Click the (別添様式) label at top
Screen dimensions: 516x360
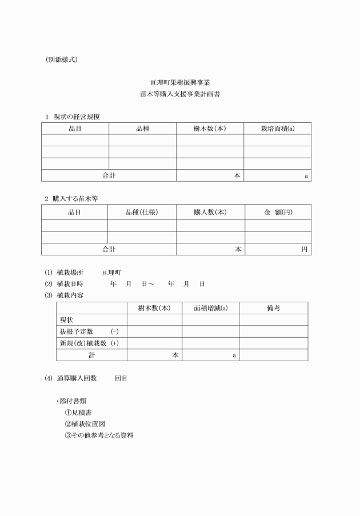(x=61, y=59)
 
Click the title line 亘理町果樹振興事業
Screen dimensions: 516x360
(x=180, y=83)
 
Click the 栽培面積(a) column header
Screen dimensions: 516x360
(x=277, y=129)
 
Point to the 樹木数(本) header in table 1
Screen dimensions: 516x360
(x=210, y=129)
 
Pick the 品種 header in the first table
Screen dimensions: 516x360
(x=142, y=129)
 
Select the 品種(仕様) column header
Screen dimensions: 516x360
(x=142, y=212)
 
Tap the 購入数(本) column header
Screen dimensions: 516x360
(x=210, y=212)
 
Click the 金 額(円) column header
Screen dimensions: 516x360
(x=278, y=212)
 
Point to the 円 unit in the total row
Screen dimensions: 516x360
(x=305, y=249)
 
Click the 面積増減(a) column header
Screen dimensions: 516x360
(x=210, y=308)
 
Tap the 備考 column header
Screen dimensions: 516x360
(x=273, y=308)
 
